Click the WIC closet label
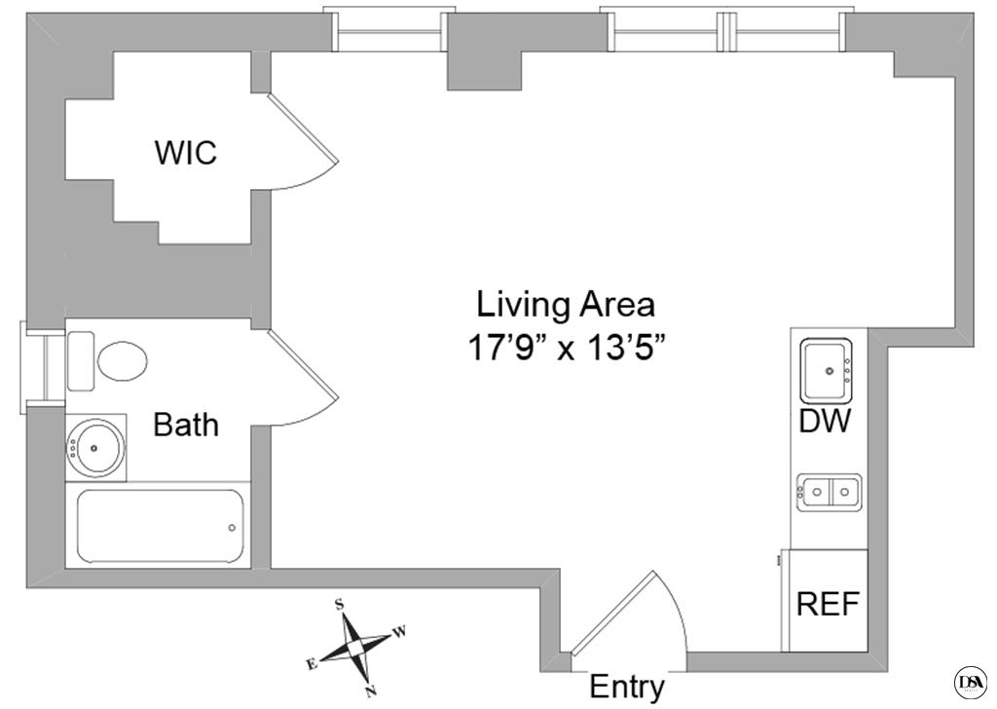(x=185, y=153)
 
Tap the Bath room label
(x=186, y=425)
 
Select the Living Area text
(x=565, y=305)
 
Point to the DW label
(x=825, y=422)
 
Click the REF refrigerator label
(x=828, y=604)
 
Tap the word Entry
(x=627, y=687)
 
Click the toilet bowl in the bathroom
(x=122, y=359)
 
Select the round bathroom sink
(x=95, y=448)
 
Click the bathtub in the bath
(x=160, y=527)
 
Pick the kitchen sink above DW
(x=827, y=370)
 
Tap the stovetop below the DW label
(x=829, y=492)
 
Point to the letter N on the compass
(x=371, y=692)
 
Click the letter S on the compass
(x=340, y=604)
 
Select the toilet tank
(x=81, y=360)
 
